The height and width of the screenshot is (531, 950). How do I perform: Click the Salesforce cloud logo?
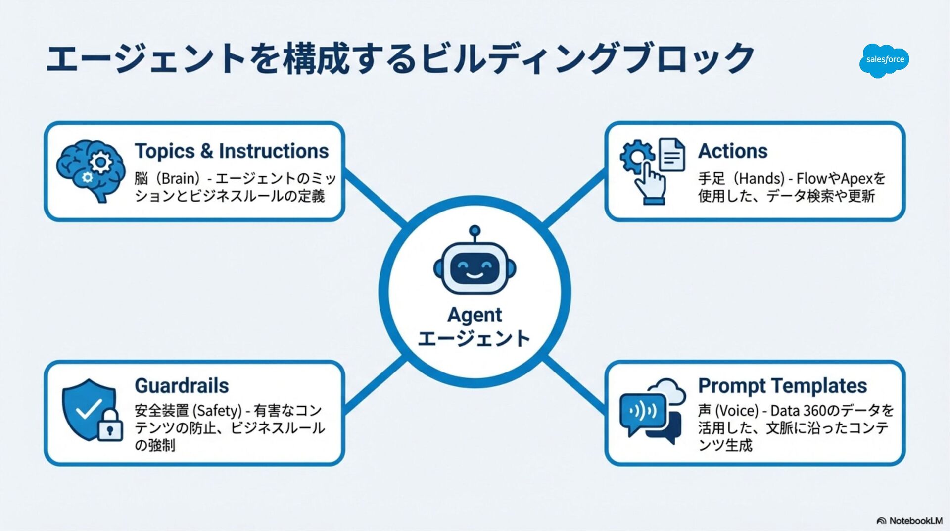(885, 60)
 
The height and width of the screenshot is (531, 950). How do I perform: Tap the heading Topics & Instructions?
(232, 151)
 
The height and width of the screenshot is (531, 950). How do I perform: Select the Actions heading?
(733, 151)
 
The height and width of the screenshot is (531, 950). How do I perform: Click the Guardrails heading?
(182, 386)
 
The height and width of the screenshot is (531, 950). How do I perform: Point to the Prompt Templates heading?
(782, 386)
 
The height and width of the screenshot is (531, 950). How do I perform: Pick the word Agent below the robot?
(475, 315)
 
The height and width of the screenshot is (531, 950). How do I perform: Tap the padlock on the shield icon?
(110, 426)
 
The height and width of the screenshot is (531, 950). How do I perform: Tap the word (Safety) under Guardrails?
(217, 411)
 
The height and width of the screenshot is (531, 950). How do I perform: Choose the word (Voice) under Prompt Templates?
(737, 411)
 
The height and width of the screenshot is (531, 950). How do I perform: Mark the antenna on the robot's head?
(475, 233)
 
